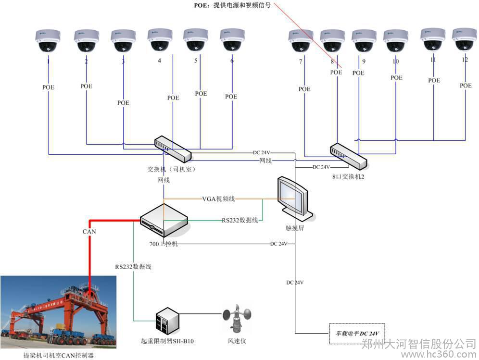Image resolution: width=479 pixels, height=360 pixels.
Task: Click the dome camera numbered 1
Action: pos(48,41)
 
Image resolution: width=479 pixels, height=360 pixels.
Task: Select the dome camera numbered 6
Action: pos(232,40)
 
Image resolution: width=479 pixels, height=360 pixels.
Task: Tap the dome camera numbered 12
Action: pos(464,39)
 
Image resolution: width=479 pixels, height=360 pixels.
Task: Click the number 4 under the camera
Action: pos(159,61)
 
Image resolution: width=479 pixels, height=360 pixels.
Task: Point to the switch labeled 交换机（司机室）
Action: pos(173,149)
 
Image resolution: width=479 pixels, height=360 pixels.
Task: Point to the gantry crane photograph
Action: pos(58,311)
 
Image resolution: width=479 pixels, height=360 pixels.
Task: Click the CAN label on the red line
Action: pos(89,232)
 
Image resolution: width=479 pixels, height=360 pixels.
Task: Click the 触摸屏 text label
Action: pos(295,228)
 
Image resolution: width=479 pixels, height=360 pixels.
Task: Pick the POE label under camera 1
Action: pos(48,87)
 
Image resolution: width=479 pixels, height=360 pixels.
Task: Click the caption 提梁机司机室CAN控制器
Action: pos(59,355)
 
